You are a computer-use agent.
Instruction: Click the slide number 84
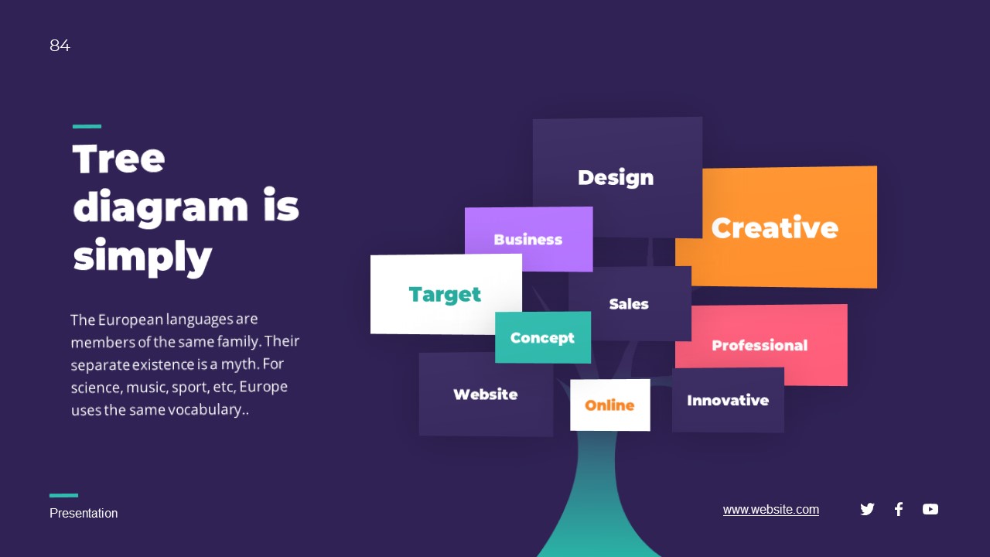pyautogui.click(x=60, y=46)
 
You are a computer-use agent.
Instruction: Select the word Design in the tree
pyautogui.click(x=616, y=178)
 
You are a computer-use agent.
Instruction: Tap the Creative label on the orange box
pyautogui.click(x=774, y=228)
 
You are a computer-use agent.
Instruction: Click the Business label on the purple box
pyautogui.click(x=528, y=240)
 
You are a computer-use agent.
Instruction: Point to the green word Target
pyautogui.click(x=445, y=295)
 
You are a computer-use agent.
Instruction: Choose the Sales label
pyautogui.click(x=629, y=304)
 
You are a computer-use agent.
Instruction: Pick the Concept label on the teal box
pyautogui.click(x=542, y=338)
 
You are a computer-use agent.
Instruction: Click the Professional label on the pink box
pyautogui.click(x=760, y=346)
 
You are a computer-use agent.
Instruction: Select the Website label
pyautogui.click(x=486, y=395)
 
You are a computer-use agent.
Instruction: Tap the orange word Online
pyautogui.click(x=609, y=405)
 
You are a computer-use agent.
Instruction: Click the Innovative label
pyautogui.click(x=728, y=401)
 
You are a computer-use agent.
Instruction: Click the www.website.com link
pyautogui.click(x=771, y=510)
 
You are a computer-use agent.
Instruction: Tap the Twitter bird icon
pyautogui.click(x=867, y=509)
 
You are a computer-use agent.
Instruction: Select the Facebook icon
pyautogui.click(x=899, y=509)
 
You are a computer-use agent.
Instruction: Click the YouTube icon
pyautogui.click(x=930, y=509)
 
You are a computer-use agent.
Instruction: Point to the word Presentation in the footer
pyautogui.click(x=84, y=514)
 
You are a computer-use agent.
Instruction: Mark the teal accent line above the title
pyautogui.click(x=87, y=126)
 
